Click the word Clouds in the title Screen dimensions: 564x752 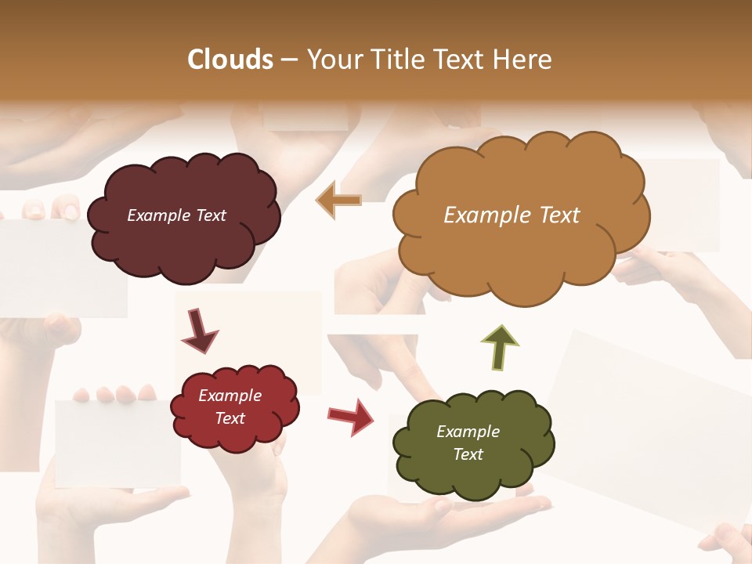[230, 60]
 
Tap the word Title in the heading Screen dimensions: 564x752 [396, 60]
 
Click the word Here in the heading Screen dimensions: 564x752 [526, 60]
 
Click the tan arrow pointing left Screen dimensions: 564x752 [338, 201]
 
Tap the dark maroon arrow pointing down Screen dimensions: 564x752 [199, 332]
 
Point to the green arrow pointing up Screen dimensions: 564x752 [500, 349]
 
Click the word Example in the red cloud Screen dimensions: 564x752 [230, 396]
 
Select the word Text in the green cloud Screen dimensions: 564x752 [468, 454]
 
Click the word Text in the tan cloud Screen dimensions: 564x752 [559, 215]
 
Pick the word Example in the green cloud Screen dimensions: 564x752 [468, 432]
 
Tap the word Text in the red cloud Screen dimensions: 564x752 [230, 418]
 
